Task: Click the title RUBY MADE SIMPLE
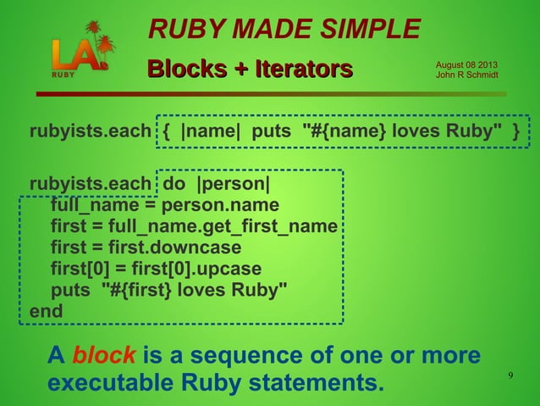click(x=284, y=30)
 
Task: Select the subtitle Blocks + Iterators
click(x=250, y=68)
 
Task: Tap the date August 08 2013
click(x=466, y=65)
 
